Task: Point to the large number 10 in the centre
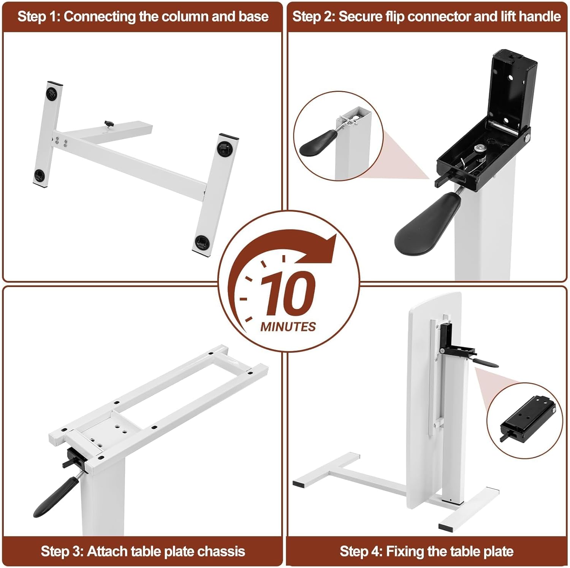pyautogui.click(x=288, y=293)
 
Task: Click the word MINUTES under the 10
pyautogui.click(x=288, y=327)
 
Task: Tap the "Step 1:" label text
pyautogui.click(x=39, y=17)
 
